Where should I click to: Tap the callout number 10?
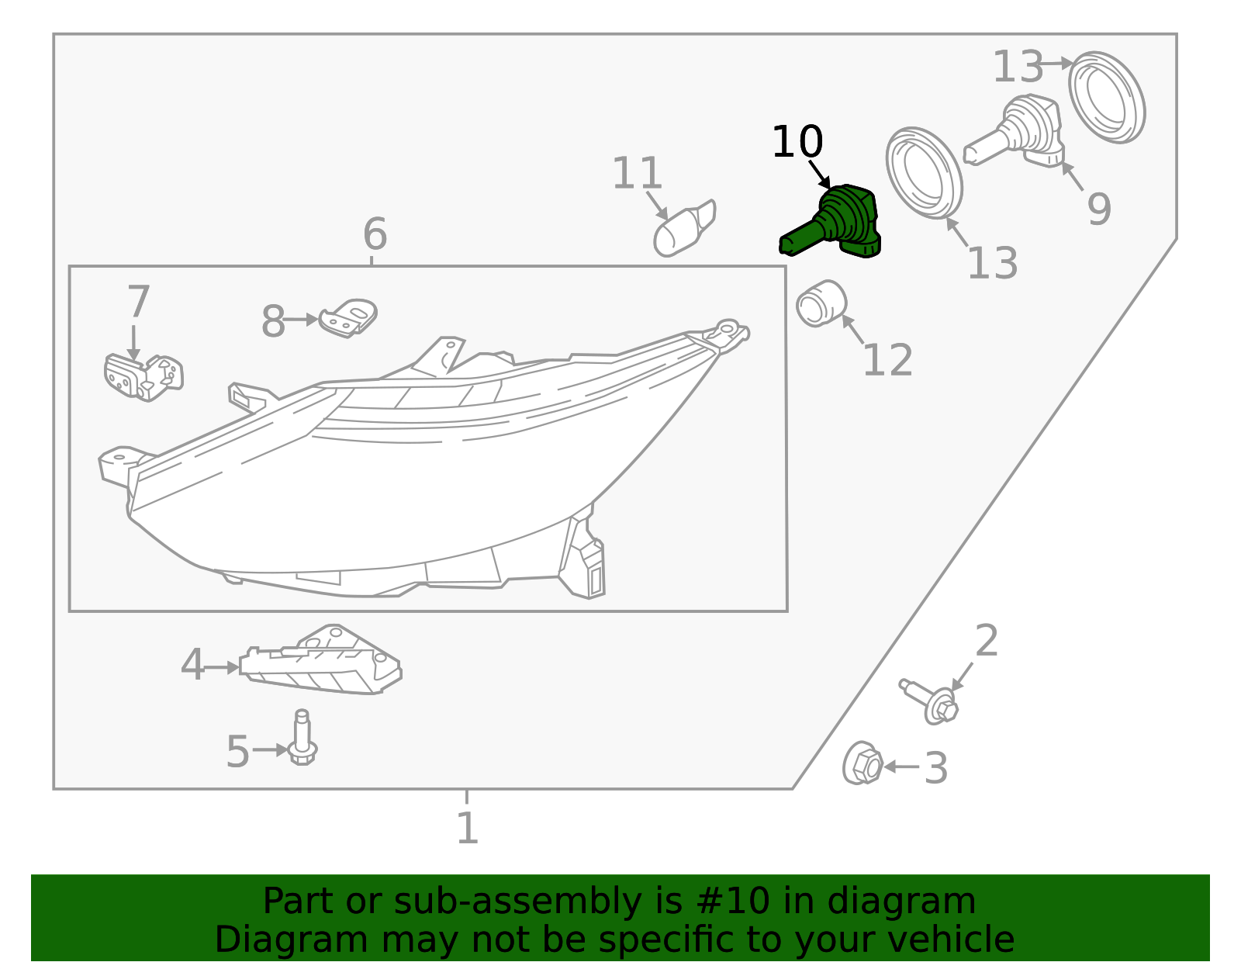pos(797,143)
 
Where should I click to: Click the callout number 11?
pos(637,174)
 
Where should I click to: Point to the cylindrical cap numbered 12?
pos(821,303)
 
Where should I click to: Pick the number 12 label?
pos(887,361)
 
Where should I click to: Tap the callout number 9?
pos(1098,209)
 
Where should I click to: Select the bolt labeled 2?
pos(931,700)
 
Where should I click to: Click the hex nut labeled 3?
pos(862,763)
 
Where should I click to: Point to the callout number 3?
pos(936,769)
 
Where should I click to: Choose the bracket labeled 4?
pos(321,661)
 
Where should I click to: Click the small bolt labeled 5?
pos(302,738)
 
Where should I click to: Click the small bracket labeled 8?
pos(348,317)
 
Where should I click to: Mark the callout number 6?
pos(375,234)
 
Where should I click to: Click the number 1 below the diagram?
pos(467,829)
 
